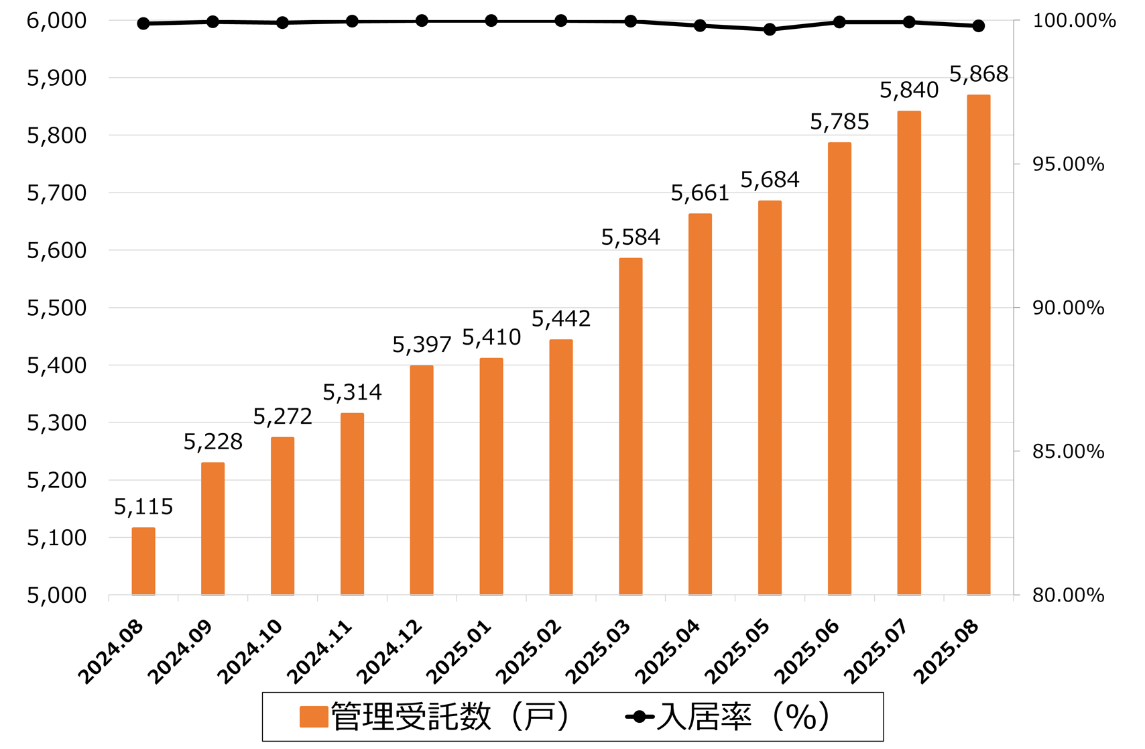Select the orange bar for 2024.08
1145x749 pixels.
click(143, 561)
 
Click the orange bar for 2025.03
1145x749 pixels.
click(630, 426)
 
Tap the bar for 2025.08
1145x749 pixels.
click(978, 345)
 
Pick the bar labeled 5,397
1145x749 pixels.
click(422, 480)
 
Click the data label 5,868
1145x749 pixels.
click(978, 74)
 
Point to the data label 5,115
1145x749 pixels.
click(143, 507)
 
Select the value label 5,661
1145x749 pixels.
click(700, 194)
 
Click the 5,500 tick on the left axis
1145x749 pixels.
click(57, 308)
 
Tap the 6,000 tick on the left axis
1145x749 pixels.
click(57, 21)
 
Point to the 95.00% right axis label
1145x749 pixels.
click(1068, 164)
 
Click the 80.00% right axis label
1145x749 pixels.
click(1068, 595)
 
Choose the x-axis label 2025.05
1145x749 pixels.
click(738, 652)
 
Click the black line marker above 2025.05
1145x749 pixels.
click(770, 30)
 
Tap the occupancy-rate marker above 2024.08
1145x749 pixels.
click(143, 23)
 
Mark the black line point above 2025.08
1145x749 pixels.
click(978, 26)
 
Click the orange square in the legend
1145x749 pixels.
click(313, 717)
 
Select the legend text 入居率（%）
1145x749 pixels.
click(743, 717)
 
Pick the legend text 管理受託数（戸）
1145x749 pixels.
click(450, 717)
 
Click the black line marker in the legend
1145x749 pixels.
click(640, 717)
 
